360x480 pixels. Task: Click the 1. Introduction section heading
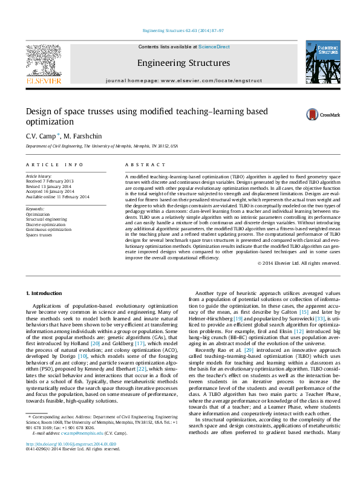coord(45,293)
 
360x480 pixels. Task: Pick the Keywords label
coord(35,209)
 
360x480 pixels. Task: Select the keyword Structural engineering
coord(46,219)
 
